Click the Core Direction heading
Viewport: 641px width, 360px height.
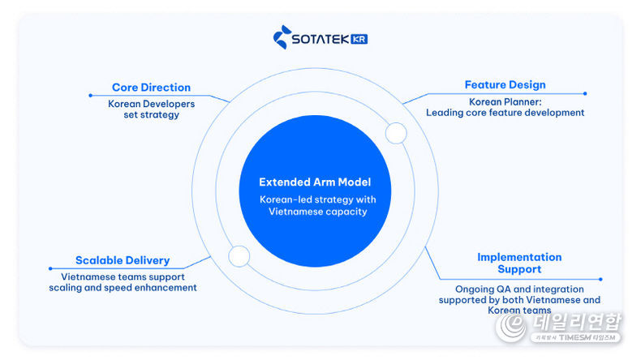click(151, 88)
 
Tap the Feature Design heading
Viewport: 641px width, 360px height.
click(505, 85)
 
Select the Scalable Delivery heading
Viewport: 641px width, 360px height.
click(123, 260)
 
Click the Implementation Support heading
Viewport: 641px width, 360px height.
click(519, 263)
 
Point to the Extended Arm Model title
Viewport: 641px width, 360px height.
click(314, 182)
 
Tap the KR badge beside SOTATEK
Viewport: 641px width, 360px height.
click(357, 38)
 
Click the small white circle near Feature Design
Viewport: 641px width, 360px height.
click(396, 133)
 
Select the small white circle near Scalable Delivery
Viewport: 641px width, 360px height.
click(239, 256)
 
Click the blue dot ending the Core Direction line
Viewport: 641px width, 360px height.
click(90, 96)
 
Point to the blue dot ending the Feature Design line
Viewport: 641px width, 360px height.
click(585, 93)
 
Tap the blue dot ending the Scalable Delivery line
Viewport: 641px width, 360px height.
click(49, 268)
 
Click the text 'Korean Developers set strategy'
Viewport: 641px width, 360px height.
click(151, 109)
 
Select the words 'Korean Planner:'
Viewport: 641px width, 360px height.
click(505, 102)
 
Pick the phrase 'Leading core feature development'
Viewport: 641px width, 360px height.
click(505, 114)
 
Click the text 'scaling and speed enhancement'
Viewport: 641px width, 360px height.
click(123, 288)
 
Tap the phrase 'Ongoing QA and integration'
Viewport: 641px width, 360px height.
click(519, 289)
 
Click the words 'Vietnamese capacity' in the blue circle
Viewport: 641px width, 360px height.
click(318, 212)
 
